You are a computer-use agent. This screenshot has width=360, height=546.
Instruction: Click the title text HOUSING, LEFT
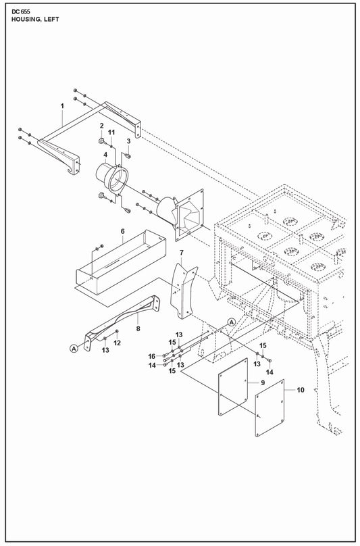click(x=35, y=19)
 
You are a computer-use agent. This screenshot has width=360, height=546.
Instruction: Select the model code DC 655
click(x=21, y=11)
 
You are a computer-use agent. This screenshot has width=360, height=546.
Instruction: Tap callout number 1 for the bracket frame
click(x=62, y=106)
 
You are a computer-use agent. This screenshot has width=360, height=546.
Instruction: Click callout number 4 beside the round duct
click(x=105, y=154)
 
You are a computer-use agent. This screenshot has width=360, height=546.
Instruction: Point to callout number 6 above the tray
click(x=122, y=231)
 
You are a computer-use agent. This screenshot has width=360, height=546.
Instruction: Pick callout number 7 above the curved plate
click(x=182, y=253)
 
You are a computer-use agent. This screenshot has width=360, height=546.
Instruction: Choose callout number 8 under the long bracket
click(x=138, y=328)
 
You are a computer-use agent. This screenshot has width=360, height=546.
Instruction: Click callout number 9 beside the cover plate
click(x=263, y=382)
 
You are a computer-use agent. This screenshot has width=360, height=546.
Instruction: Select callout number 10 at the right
click(x=301, y=390)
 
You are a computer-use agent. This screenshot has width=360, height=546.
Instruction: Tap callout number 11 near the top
click(x=111, y=132)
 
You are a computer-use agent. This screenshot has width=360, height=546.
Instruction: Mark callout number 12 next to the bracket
click(x=118, y=343)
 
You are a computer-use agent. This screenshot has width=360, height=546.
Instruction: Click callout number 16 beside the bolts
click(x=152, y=356)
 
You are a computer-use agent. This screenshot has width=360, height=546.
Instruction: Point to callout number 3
click(x=128, y=141)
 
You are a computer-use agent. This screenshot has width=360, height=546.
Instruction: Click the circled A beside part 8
click(x=74, y=348)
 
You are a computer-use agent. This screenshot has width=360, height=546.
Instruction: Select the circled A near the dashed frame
click(x=232, y=322)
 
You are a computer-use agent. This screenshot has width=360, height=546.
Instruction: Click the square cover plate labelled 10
click(x=269, y=408)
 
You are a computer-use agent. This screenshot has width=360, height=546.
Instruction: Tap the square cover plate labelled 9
click(x=233, y=387)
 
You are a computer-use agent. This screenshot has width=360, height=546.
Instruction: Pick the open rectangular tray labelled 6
click(x=121, y=262)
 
